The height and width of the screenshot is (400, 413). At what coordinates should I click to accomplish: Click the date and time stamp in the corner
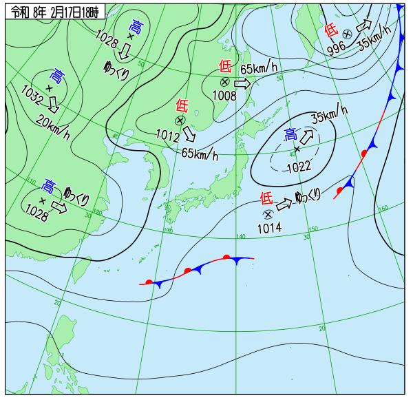pos(55,12)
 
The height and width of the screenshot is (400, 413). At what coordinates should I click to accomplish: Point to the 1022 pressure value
pos(299,165)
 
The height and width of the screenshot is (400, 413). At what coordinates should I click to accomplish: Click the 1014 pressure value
pos(269,228)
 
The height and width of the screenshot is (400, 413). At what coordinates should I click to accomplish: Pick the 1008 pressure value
pos(224,95)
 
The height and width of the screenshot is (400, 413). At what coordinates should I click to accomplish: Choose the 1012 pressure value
pos(168,134)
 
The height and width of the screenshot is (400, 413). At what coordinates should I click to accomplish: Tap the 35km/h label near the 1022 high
pos(329,113)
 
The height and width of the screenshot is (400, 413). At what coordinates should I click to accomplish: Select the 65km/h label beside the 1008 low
pos(259,67)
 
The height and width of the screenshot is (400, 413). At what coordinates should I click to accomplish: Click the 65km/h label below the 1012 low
pos(200,154)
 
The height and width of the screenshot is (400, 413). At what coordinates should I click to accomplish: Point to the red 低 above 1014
pos(266,199)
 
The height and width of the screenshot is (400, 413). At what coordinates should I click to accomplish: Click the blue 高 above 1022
pos(291,134)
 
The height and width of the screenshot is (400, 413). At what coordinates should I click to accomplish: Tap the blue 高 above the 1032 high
pos(58,74)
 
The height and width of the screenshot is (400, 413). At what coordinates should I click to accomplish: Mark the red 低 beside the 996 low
pos(331,30)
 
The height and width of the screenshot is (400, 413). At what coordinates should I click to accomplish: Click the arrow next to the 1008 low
pos(242,83)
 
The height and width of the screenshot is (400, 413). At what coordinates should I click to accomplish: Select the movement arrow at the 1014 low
pos(284,204)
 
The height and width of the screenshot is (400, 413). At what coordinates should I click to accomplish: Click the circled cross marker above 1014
pos(268,214)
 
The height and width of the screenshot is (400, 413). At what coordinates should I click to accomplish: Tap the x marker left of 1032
pos(49,88)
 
